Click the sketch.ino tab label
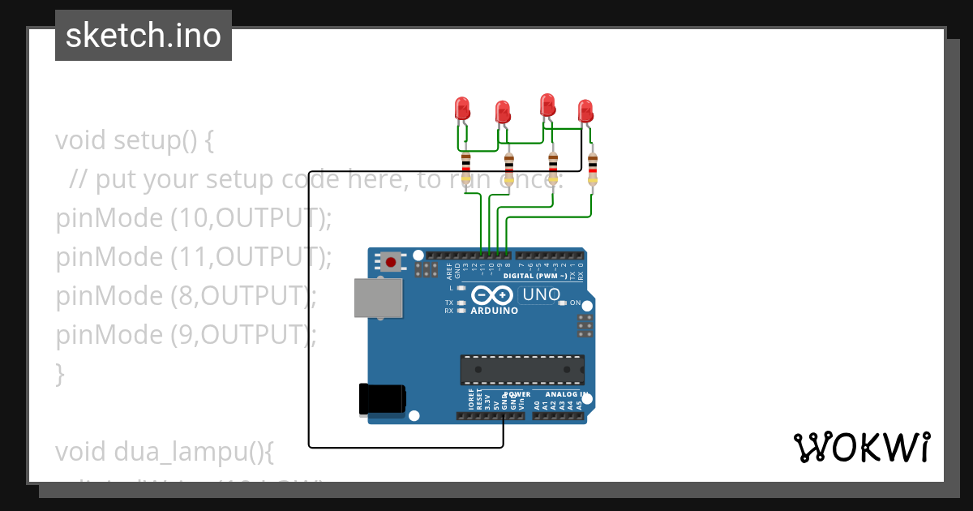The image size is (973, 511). [x=144, y=36]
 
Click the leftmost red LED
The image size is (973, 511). [x=462, y=108]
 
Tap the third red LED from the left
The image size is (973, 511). [x=547, y=105]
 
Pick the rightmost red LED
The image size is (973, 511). [x=585, y=110]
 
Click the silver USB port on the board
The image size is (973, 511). [x=379, y=298]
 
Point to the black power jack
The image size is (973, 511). [x=382, y=400]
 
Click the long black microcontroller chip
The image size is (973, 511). [x=522, y=369]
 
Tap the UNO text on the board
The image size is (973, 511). [x=542, y=294]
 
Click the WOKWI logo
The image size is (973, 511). [x=862, y=447]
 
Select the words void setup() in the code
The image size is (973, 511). [x=134, y=140]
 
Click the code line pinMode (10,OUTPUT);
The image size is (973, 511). [x=194, y=217]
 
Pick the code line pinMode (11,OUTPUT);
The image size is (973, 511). [x=194, y=256]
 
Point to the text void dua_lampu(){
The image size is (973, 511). [x=165, y=452]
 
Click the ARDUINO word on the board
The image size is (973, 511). [x=494, y=311]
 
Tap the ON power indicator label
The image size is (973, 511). [x=575, y=303]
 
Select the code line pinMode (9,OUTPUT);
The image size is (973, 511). [x=186, y=334]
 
